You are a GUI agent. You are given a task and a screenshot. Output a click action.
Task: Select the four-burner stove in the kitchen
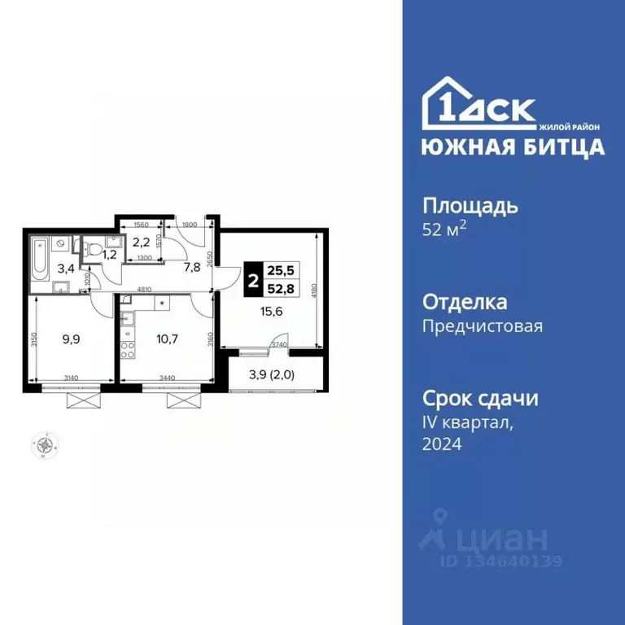pyautogui.click(x=127, y=351)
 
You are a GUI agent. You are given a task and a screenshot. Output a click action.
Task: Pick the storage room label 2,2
pyautogui.click(x=140, y=242)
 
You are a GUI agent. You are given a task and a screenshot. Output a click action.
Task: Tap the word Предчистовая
pyautogui.click(x=482, y=327)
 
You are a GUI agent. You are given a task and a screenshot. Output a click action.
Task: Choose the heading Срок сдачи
pyautogui.click(x=479, y=399)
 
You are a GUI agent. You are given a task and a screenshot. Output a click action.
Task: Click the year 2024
pyautogui.click(x=441, y=444)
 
